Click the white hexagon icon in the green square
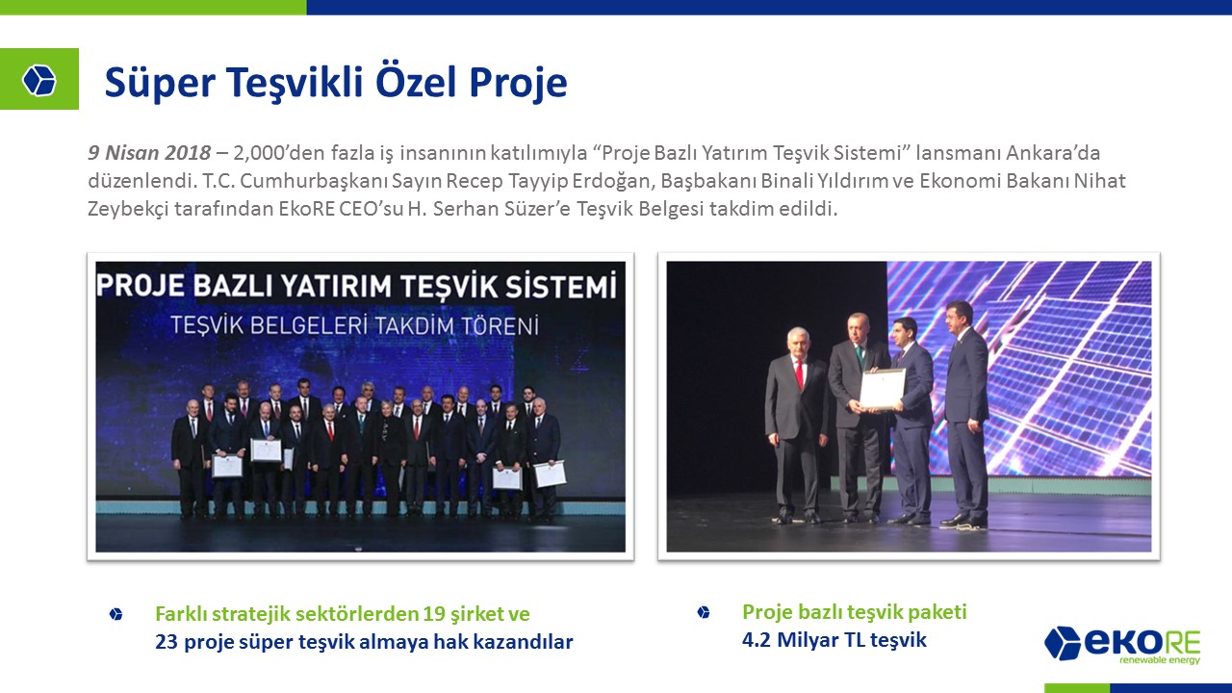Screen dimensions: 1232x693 tap(39, 80)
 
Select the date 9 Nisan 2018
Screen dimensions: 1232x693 tap(149, 152)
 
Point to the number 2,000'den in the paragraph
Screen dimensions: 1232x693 tap(279, 152)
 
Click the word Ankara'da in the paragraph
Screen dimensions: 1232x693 tap(1053, 152)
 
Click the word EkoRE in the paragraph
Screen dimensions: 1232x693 tap(306, 209)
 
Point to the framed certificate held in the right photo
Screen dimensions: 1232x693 tap(883, 390)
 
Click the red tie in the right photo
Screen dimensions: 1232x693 tap(799, 372)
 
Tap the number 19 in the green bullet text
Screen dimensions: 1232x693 tap(434, 613)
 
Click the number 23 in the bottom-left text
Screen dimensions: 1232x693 tap(167, 641)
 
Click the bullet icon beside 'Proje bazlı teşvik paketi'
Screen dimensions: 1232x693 tap(703, 612)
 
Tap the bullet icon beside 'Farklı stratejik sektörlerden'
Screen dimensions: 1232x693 tap(116, 614)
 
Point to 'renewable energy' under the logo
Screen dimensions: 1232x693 tap(1160, 660)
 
